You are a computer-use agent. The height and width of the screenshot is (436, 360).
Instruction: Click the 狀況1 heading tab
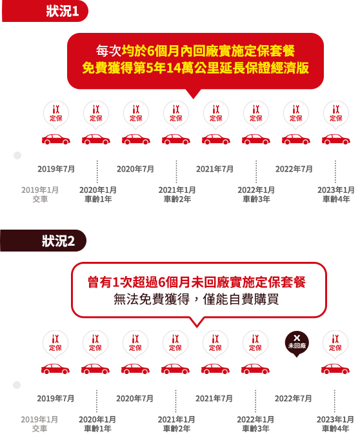pyautogui.click(x=45, y=11)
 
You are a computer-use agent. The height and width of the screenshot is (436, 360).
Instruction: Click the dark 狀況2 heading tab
pyautogui.click(x=43, y=241)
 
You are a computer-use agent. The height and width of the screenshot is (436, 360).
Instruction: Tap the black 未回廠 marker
pyautogui.click(x=297, y=344)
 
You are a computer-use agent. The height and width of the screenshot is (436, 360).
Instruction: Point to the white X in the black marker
pyautogui.click(x=297, y=338)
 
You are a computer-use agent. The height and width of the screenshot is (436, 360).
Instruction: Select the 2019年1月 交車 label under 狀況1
pyautogui.click(x=40, y=194)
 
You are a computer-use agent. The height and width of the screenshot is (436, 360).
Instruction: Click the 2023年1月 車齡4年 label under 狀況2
pyautogui.click(x=335, y=424)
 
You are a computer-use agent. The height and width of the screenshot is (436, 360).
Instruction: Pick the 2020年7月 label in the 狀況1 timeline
pyautogui.click(x=135, y=169)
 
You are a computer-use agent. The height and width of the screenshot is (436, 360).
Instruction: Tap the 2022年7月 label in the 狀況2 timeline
pyautogui.click(x=294, y=399)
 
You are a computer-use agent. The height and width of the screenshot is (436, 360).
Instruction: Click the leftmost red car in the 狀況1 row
pyautogui.click(x=56, y=139)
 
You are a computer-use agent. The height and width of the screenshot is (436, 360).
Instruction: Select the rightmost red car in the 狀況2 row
pyautogui.click(x=335, y=369)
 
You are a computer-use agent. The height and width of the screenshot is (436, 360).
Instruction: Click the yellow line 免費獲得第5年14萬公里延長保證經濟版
pyautogui.click(x=195, y=68)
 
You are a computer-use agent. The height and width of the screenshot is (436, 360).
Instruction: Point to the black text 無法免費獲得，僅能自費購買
pyautogui.click(x=196, y=299)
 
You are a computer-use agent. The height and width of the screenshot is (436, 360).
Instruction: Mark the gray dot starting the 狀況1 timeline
pyautogui.click(x=17, y=155)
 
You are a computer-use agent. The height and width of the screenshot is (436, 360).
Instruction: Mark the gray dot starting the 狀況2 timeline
pyautogui.click(x=17, y=385)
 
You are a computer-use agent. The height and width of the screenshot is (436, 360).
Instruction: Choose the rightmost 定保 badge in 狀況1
pyautogui.click(x=335, y=114)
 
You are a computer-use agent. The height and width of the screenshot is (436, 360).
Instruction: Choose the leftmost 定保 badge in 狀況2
pyautogui.click(x=55, y=344)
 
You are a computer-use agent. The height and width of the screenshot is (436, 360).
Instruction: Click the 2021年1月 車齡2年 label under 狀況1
pyautogui.click(x=177, y=194)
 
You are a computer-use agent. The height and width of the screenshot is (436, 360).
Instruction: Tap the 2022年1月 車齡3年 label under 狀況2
pyautogui.click(x=255, y=424)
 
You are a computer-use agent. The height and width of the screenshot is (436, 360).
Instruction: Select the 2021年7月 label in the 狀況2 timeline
pyautogui.click(x=214, y=399)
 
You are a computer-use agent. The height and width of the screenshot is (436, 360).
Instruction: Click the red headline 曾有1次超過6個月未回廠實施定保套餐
pyautogui.click(x=197, y=282)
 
